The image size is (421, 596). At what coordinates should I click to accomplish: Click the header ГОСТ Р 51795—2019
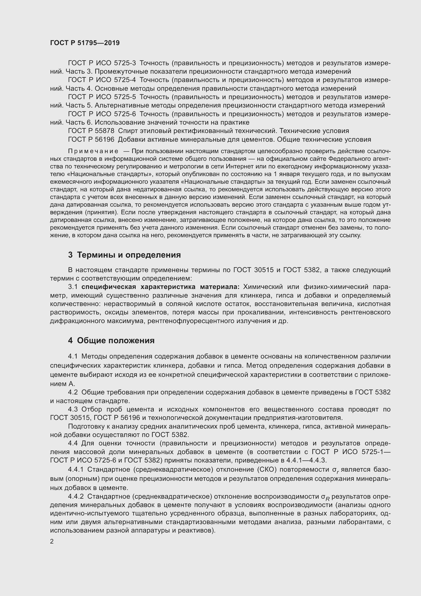[85, 43]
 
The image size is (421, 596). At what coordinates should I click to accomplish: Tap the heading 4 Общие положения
[111, 340]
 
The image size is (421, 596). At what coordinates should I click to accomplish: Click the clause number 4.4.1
[76, 469]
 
